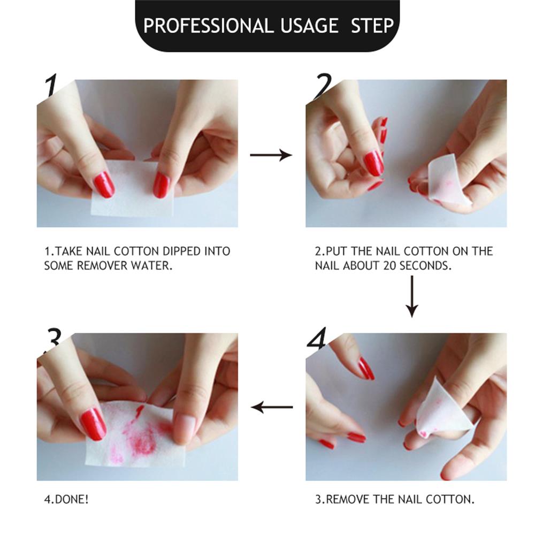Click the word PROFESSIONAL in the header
point(207,26)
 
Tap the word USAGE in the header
point(309,26)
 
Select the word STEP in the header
point(372,26)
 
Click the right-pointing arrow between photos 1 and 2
point(271,155)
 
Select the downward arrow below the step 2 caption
point(412,296)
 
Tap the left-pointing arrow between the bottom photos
point(272,407)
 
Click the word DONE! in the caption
point(72,500)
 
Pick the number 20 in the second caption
point(389,265)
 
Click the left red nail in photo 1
point(104,184)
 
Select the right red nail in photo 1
point(162,185)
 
